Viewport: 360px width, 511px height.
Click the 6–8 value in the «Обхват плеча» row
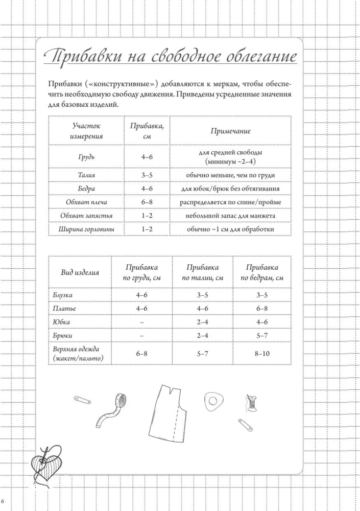[x=147, y=202]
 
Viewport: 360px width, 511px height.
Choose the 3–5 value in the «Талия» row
[x=147, y=175]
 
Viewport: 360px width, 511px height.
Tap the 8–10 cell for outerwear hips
[x=262, y=353]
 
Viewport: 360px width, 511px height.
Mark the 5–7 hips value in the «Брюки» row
[x=262, y=335]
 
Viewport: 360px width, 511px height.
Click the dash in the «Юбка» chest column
[x=141, y=322]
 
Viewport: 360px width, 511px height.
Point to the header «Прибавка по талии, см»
[x=202, y=272]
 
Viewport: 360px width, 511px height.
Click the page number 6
[x=3, y=499]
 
